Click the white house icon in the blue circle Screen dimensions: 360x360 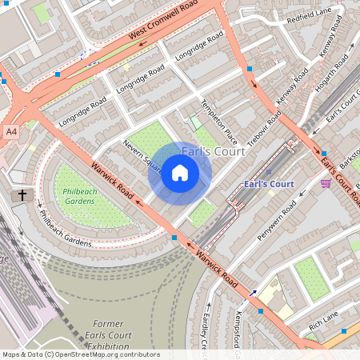pos(180,173)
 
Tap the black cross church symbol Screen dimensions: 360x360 pos(22,195)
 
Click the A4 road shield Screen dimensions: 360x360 pos(10,130)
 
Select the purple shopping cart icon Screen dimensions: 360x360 pos(326,183)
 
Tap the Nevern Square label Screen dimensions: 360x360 pos(142,157)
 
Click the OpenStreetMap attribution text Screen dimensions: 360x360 pos(80,354)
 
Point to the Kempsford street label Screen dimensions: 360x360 pos(238,328)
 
